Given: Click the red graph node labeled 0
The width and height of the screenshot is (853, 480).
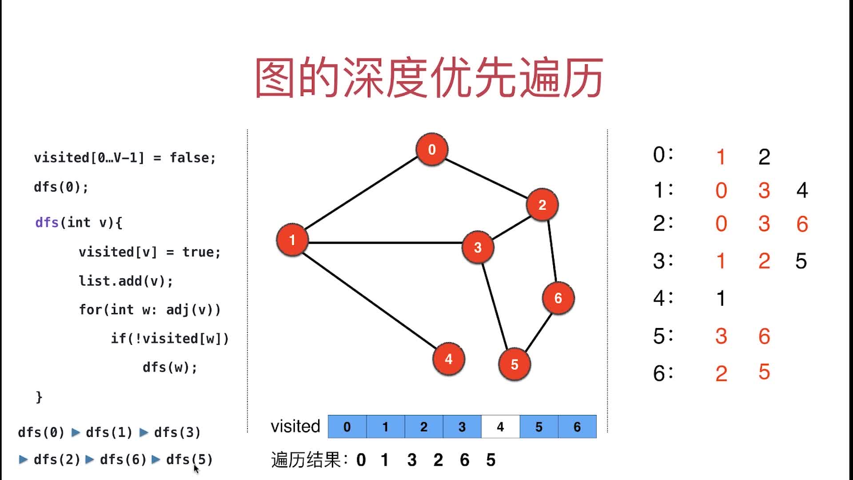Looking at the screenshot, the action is coord(432,149).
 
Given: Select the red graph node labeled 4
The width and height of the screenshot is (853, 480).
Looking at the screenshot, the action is coord(449,359).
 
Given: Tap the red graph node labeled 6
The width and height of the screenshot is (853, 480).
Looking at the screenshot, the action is coord(558,298).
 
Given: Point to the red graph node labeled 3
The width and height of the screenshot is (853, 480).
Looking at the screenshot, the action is coord(478,247).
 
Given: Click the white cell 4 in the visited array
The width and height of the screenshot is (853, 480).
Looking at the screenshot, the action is coord(500,427).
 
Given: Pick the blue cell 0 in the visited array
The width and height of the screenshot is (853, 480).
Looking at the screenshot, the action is coord(347,427).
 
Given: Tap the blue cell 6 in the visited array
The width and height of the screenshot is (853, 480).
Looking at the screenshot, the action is coord(577,427).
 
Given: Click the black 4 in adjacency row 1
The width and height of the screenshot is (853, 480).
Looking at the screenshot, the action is coord(802,190).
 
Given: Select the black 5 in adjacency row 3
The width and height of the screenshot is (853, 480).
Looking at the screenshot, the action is coord(801,261).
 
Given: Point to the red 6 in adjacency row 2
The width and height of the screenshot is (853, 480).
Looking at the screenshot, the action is coord(802,224).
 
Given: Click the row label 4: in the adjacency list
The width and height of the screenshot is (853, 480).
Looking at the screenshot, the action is coord(663,298).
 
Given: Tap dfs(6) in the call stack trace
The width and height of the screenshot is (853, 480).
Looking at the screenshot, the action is coord(123,460).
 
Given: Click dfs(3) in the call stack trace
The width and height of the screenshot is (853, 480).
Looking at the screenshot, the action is coord(177,432).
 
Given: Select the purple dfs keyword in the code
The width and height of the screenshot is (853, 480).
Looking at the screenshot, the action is coord(47,222).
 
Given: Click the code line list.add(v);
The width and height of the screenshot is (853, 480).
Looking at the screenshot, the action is coord(126,281).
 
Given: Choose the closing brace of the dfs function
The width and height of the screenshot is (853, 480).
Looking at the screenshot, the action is coord(39,396).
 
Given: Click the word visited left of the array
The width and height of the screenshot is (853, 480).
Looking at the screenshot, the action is coord(295,427).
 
